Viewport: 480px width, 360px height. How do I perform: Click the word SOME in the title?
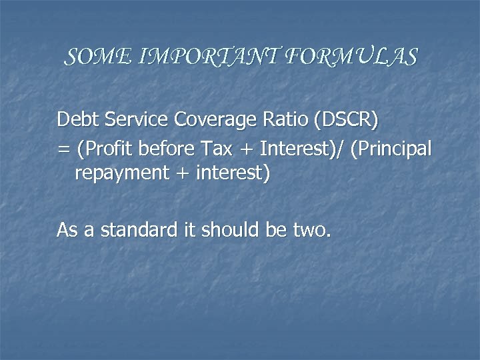coord(91,57)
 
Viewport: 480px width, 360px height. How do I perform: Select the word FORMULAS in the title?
coord(351,57)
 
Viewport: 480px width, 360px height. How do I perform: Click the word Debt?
coord(75,120)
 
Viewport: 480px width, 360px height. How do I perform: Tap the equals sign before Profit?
coord(63,149)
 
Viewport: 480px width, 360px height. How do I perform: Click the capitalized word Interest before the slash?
coord(300,147)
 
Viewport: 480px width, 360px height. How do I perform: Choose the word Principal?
coord(395,148)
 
